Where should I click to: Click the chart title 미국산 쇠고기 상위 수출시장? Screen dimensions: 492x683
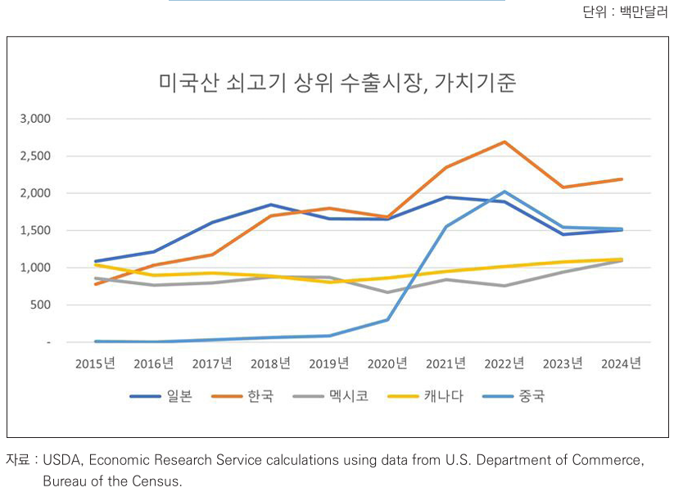click(337, 84)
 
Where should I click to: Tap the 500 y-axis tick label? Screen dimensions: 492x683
click(42, 305)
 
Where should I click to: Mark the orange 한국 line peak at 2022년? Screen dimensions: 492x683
click(504, 142)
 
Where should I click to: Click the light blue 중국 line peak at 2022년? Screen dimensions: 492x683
click(504, 192)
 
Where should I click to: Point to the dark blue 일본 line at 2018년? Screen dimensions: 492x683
click(271, 205)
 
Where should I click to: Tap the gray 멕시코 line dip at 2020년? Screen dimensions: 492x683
click(387, 292)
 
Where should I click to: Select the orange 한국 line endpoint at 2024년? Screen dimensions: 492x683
click(622, 179)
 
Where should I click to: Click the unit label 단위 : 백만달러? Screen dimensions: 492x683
click(631, 12)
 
